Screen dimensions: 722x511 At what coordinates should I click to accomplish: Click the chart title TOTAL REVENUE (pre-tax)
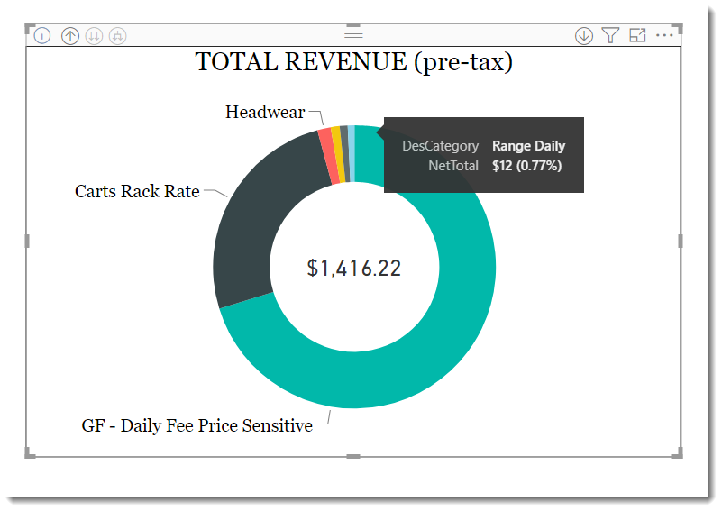[x=353, y=62]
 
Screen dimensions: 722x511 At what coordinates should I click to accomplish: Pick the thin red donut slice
[x=328, y=157]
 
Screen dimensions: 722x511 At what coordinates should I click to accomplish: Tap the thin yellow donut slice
[x=339, y=154]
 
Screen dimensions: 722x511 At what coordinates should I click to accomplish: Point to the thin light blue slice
[x=352, y=153]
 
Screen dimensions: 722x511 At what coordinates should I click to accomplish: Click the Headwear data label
[x=265, y=112]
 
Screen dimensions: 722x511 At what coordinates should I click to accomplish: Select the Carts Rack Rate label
[x=137, y=191]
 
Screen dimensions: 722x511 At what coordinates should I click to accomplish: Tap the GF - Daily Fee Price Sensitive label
[x=197, y=425]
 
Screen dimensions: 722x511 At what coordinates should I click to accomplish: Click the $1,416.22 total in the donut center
[x=354, y=268]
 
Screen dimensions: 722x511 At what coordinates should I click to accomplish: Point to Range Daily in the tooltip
[x=528, y=146]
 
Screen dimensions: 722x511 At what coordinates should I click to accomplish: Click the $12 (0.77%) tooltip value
[x=526, y=166]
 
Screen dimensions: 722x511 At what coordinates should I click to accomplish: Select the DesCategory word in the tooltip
[x=440, y=146]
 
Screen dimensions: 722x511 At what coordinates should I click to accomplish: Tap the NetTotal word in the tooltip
[x=453, y=166]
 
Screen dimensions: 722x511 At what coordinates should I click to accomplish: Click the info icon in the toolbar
[x=42, y=35]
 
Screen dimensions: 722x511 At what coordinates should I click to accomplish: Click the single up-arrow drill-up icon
[x=70, y=35]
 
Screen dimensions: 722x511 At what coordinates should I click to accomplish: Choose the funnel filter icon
[x=610, y=35]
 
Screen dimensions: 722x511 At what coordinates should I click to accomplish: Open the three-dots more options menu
[x=664, y=35]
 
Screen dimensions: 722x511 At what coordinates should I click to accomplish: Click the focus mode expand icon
[x=638, y=35]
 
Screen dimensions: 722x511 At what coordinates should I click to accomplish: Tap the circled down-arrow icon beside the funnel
[x=584, y=35]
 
